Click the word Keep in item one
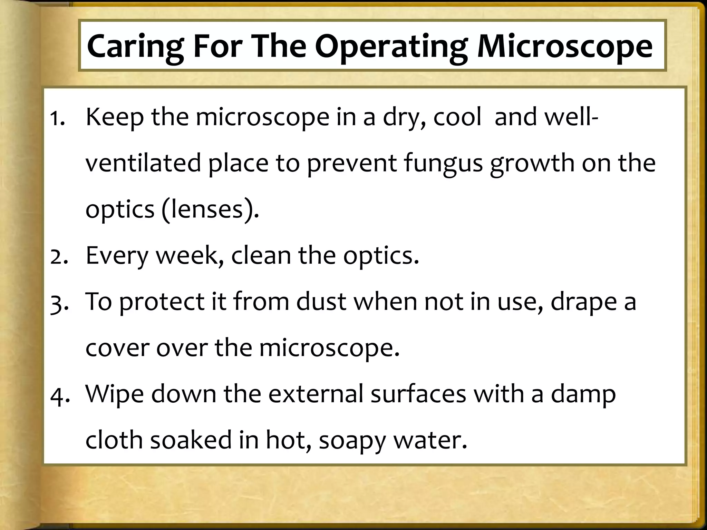(x=114, y=117)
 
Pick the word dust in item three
(x=321, y=302)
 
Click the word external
(x=316, y=394)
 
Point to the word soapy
(x=352, y=441)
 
